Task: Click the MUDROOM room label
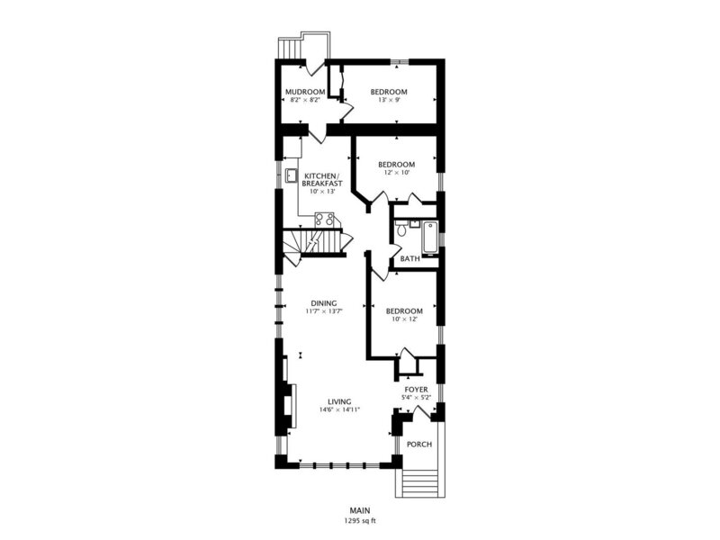[x=305, y=92]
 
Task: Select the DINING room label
[x=324, y=303]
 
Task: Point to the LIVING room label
[x=339, y=401]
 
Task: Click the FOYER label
[x=416, y=390]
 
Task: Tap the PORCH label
[x=419, y=444]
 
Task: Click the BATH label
[x=409, y=258]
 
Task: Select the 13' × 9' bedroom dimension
[x=389, y=100]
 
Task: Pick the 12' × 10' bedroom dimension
[x=396, y=173]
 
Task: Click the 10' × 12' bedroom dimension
[x=404, y=319]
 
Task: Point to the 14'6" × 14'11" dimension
[x=339, y=409]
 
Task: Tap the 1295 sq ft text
[x=360, y=521]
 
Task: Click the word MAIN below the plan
[x=360, y=510]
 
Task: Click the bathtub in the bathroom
[x=430, y=238]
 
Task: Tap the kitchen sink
[x=291, y=175]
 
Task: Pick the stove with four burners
[x=324, y=219]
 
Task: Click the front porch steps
[x=419, y=482]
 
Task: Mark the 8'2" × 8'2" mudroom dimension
[x=305, y=100]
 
